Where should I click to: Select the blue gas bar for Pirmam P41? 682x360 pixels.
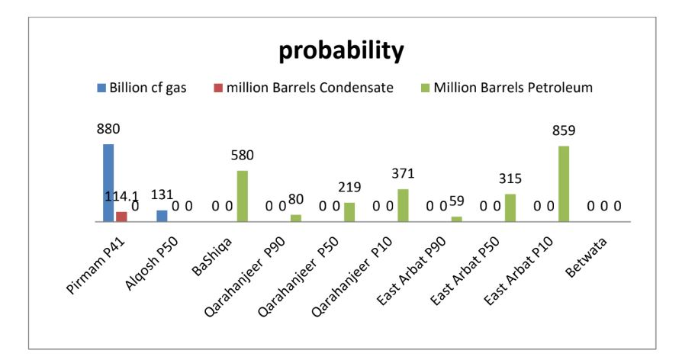[x=108, y=182]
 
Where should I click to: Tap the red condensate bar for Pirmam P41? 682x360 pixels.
[x=121, y=217]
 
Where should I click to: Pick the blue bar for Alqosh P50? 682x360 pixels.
[x=162, y=216]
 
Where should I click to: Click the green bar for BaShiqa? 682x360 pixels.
[x=243, y=196]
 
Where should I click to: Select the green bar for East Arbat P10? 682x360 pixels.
[x=564, y=183]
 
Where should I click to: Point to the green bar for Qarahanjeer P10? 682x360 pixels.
[x=403, y=205]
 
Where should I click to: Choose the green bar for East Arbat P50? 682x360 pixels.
[x=510, y=207]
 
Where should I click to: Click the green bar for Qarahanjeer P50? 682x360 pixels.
[x=349, y=212]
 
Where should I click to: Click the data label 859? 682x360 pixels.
[x=564, y=131]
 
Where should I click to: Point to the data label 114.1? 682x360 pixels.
[x=121, y=198]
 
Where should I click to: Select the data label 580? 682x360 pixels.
[x=243, y=156]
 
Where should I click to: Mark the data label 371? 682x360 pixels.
[x=403, y=176]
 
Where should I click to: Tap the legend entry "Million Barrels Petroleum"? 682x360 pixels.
[x=504, y=88]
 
